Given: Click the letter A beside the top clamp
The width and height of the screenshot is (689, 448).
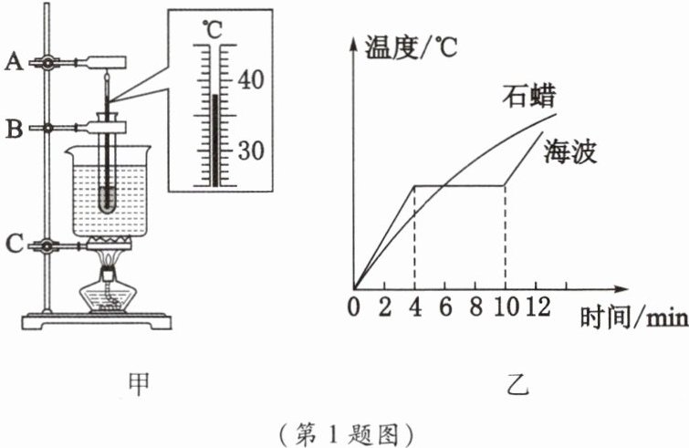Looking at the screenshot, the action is pyautogui.click(x=13, y=62).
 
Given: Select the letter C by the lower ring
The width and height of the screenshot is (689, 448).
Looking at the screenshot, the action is pyautogui.click(x=13, y=245).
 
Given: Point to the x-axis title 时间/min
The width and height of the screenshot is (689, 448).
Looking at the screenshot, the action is pyautogui.click(x=631, y=318).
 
